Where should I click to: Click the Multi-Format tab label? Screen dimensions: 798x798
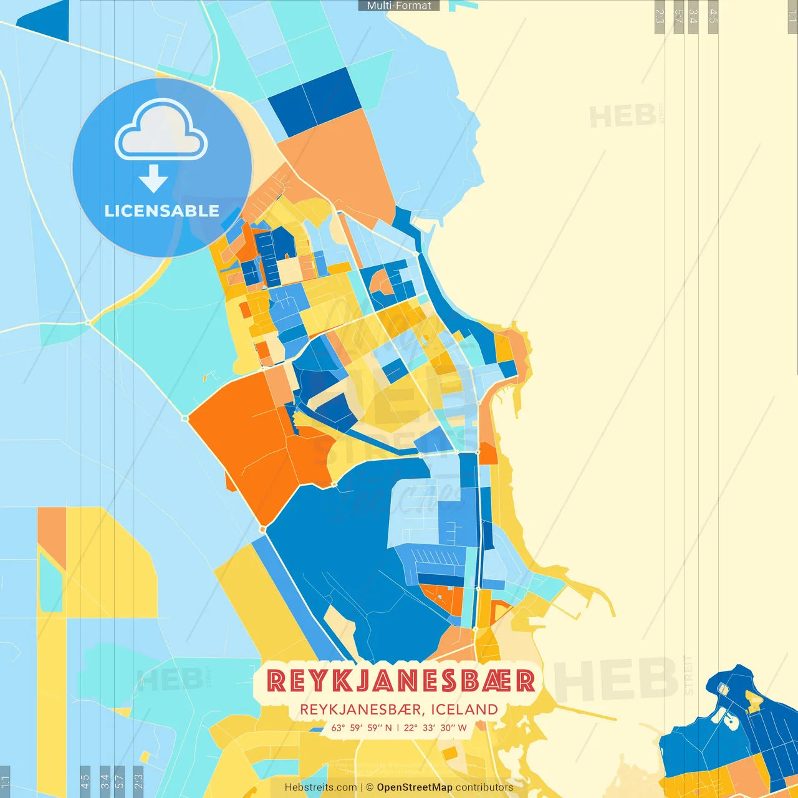click(x=399, y=6)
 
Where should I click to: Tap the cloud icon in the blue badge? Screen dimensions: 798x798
click(x=161, y=131)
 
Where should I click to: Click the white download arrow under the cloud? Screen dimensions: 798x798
click(x=153, y=178)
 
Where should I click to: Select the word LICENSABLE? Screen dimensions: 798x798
click(x=161, y=211)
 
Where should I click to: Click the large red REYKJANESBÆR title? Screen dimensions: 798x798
click(x=400, y=681)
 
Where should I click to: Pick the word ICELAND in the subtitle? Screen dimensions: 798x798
click(x=464, y=709)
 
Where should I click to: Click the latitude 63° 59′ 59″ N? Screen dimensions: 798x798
click(x=362, y=728)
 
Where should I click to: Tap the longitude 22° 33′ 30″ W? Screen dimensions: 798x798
click(x=435, y=728)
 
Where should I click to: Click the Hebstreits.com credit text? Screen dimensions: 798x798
click(x=320, y=787)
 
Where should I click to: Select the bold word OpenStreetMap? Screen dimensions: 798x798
click(x=415, y=787)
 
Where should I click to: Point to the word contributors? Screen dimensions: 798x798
click(x=484, y=787)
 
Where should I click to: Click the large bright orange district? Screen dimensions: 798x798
click(x=249, y=436)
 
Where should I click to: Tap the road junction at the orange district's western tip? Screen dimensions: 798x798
click(x=185, y=418)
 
